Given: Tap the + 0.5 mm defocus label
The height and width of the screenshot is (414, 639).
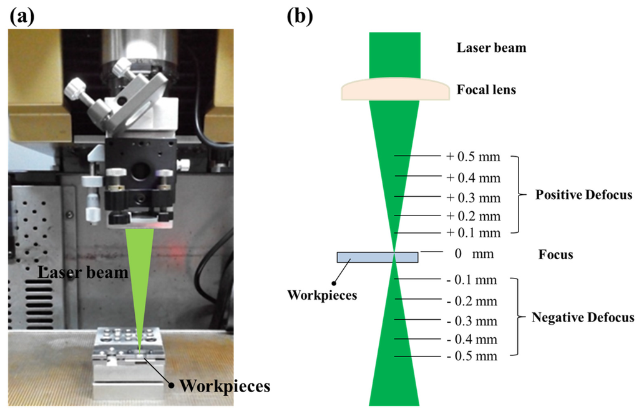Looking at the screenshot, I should point(474,157).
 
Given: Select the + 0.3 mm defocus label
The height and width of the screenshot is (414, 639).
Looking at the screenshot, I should point(474,198).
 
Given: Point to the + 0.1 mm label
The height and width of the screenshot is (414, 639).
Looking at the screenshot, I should point(474,233).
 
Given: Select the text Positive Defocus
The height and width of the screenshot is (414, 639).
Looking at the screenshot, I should point(583,195).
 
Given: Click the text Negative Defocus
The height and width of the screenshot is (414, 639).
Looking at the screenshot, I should point(583,318).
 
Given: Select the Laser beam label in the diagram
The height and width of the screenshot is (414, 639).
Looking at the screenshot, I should point(490,47).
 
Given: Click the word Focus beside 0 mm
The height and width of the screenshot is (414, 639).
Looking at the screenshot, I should point(555,255).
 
